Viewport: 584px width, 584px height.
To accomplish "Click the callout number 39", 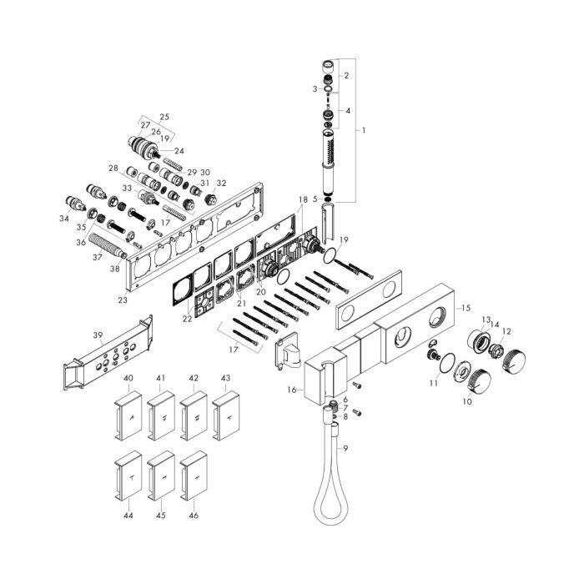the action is [98, 335].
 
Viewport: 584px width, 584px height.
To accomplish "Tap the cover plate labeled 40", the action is [128, 415].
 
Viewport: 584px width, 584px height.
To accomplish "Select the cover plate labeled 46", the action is [194, 476].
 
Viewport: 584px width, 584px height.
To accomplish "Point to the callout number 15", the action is [466, 308].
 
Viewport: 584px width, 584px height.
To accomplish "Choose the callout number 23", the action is [123, 300].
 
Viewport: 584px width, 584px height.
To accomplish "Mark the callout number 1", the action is [364, 130].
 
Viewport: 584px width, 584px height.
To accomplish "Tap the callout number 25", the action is [164, 117].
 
